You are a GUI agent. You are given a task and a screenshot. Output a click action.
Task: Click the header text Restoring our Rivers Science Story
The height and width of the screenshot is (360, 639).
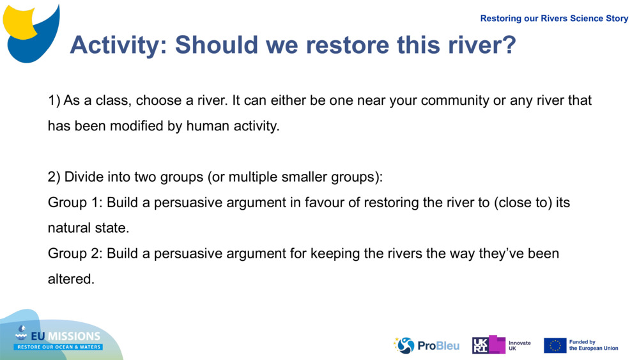point(554,19)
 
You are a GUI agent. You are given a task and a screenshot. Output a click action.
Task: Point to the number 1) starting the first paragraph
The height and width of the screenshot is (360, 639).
point(54,100)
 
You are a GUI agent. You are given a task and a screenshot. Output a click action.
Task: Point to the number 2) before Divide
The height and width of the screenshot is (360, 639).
point(54,177)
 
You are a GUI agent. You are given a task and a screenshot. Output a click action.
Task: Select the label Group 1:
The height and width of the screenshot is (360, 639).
point(75,203)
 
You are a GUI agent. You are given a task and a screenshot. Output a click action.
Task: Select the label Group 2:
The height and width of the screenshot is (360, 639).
point(75,254)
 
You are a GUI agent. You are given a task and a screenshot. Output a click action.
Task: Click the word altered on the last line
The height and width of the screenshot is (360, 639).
point(70,279)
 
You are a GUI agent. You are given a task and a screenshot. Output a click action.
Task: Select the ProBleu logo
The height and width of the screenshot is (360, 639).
point(426,345)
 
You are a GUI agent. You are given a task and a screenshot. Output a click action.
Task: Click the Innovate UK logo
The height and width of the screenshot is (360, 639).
point(501,345)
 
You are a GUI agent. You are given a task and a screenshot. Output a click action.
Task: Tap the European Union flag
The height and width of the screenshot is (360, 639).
point(555,345)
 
